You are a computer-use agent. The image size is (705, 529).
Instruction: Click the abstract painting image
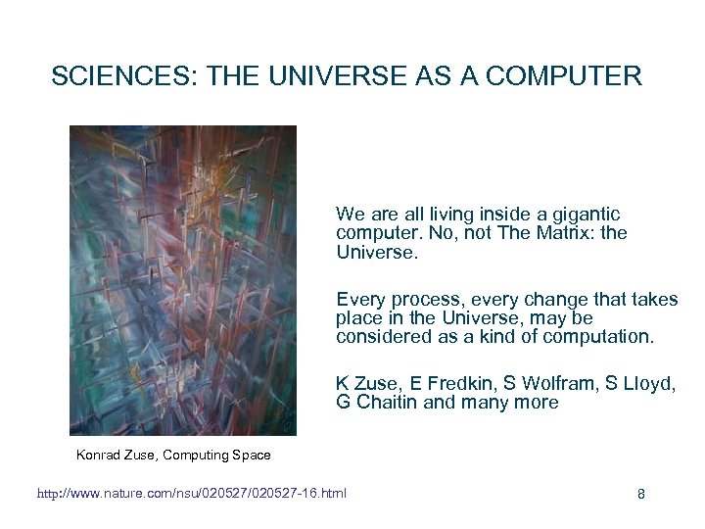183,280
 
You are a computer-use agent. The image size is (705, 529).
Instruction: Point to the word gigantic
584,214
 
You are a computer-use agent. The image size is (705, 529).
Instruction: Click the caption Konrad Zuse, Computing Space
173,455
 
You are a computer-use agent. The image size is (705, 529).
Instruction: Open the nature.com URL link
191,493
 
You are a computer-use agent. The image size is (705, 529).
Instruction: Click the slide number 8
641,494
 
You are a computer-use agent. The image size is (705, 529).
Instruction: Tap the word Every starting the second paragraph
358,299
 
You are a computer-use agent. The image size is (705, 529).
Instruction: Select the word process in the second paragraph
419,299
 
